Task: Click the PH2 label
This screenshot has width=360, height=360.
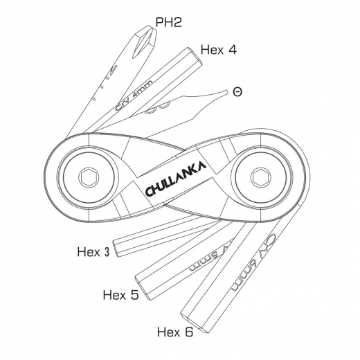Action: point(168,22)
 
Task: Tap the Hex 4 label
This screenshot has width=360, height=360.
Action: point(219,49)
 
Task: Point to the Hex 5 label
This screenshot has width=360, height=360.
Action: point(120,295)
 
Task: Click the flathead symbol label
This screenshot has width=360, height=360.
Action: point(237,91)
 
